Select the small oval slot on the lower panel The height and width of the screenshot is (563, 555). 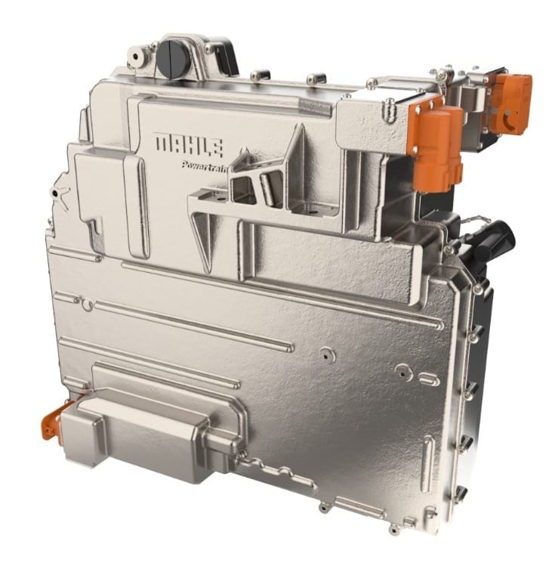pos(429,379)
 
